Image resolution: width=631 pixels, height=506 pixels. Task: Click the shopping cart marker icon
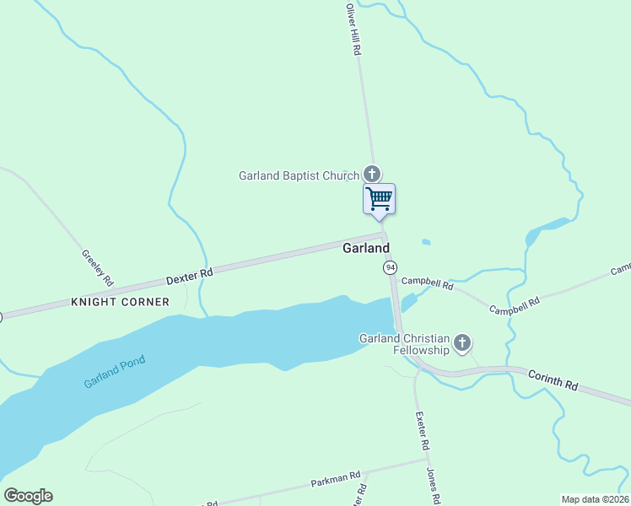coord(380,199)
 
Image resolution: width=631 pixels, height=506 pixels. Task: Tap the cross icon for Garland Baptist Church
coord(371,174)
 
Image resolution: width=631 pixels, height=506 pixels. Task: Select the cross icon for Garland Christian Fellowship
coord(461,342)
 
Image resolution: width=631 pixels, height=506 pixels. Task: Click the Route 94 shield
coord(390,267)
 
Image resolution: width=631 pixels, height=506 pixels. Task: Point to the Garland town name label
coord(366,248)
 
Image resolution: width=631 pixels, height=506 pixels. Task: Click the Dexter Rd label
coord(189,275)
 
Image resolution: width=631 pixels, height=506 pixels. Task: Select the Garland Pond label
coord(115,372)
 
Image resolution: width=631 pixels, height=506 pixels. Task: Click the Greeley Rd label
coord(97,267)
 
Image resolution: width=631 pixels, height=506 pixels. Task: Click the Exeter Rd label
coord(423,431)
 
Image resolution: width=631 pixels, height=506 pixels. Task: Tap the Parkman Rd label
coord(335,477)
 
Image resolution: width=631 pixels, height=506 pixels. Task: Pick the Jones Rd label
coord(433,485)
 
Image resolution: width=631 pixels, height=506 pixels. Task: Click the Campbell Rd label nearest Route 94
coord(427,284)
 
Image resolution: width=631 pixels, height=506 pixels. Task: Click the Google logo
coord(28,496)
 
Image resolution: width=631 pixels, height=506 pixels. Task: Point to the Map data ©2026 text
coord(594,499)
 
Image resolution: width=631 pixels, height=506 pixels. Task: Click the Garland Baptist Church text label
coord(299,176)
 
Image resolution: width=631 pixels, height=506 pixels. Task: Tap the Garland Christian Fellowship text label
coord(405,344)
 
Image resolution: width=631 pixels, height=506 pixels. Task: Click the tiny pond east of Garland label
coord(426,242)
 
